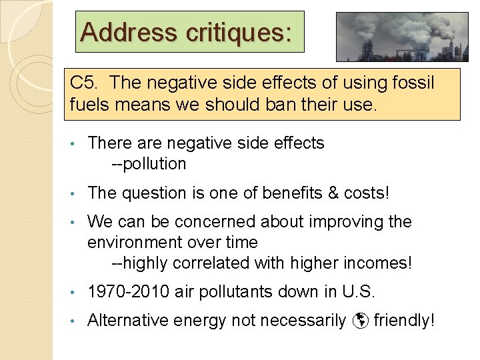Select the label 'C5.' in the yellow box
pyautogui.click(x=85, y=83)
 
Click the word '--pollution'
pyautogui.click(x=149, y=164)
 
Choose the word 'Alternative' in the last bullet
pyautogui.click(x=128, y=321)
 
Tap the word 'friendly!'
pyautogui.click(x=404, y=321)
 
